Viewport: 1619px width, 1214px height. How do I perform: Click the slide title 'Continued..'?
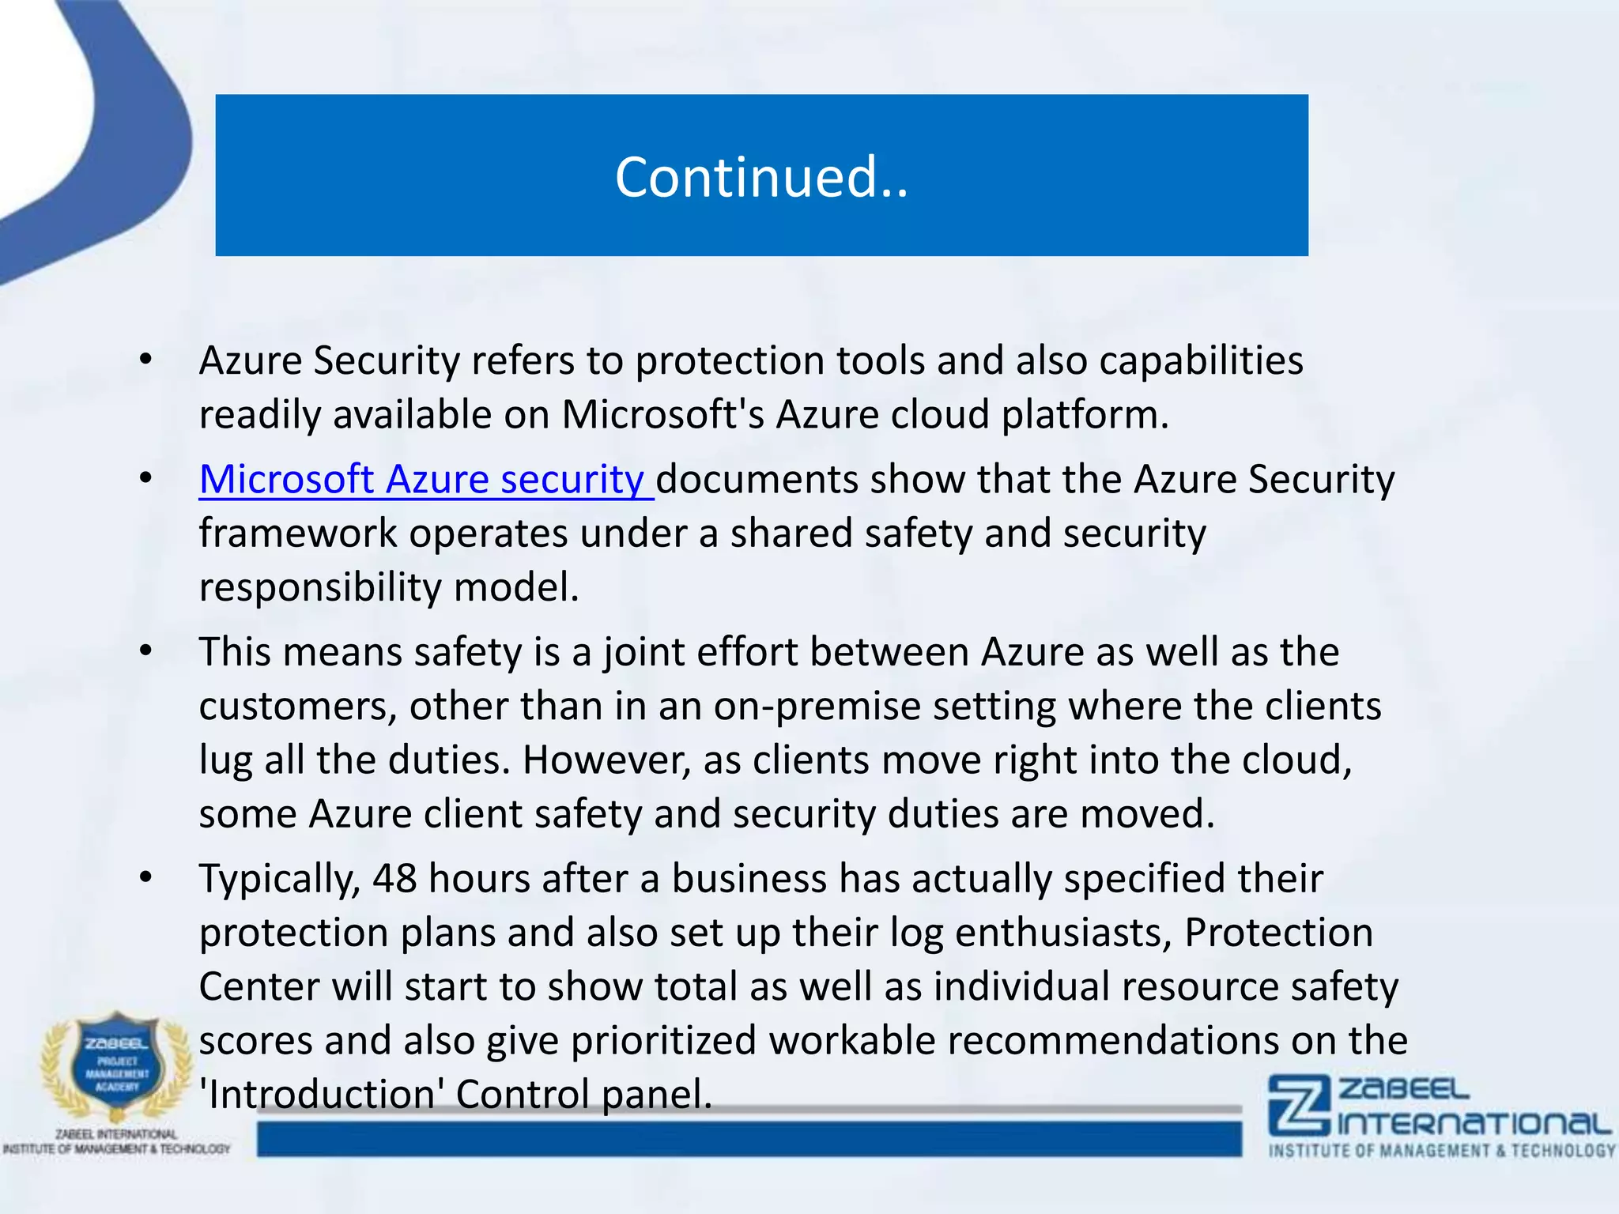(761, 177)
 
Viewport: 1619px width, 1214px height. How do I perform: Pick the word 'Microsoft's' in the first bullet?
(662, 415)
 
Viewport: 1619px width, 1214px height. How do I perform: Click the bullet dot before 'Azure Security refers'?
(145, 360)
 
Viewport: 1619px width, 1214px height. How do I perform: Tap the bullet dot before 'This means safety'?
(145, 652)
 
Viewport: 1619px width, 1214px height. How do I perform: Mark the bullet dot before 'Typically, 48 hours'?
(145, 878)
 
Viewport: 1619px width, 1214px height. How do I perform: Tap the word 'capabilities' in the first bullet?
(1201, 361)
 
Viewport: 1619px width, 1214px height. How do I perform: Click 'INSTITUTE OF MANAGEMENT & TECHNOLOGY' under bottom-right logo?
(1442, 1151)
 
